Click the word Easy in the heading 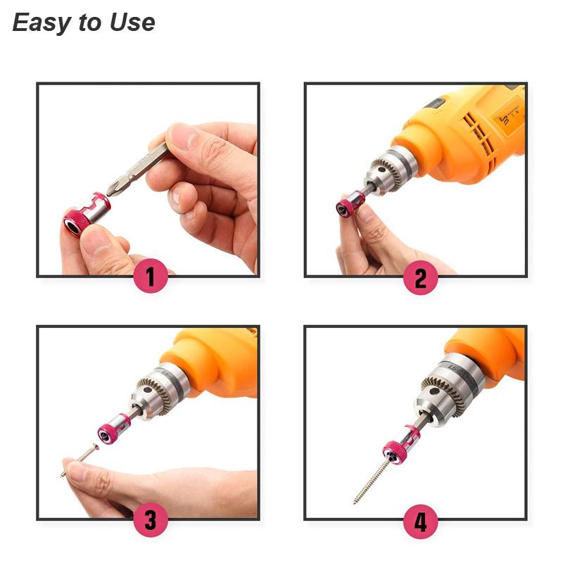point(42,23)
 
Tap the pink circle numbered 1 point(151,277)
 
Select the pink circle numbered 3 point(151,521)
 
